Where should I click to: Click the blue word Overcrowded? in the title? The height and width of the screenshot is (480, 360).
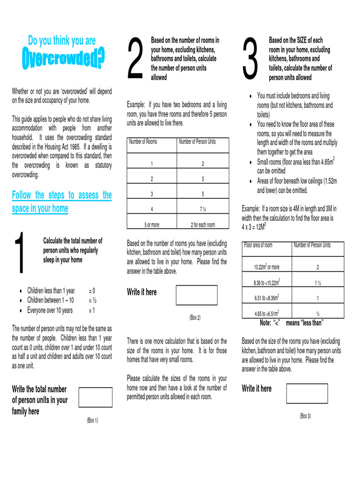pos(64,60)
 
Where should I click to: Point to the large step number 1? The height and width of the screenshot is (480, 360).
pos(20,254)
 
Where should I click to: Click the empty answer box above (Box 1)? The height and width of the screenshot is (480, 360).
pos(96,397)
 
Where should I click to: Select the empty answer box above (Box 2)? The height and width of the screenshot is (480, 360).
pos(196,295)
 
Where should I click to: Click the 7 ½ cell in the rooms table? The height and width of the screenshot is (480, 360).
pos(202,209)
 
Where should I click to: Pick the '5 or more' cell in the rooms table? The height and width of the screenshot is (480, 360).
pos(151,225)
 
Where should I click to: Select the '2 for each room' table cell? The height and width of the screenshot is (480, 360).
pos(202,225)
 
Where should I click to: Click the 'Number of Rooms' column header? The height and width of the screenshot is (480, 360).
pos(143,142)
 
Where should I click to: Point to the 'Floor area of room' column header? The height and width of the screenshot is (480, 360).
pos(258,245)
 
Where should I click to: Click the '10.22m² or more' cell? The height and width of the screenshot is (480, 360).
pos(267,267)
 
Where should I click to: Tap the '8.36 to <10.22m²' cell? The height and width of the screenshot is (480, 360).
pos(267,283)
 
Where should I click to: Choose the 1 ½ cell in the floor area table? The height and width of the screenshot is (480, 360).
pos(317,283)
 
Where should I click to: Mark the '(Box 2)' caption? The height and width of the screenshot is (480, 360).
pos(195,317)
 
